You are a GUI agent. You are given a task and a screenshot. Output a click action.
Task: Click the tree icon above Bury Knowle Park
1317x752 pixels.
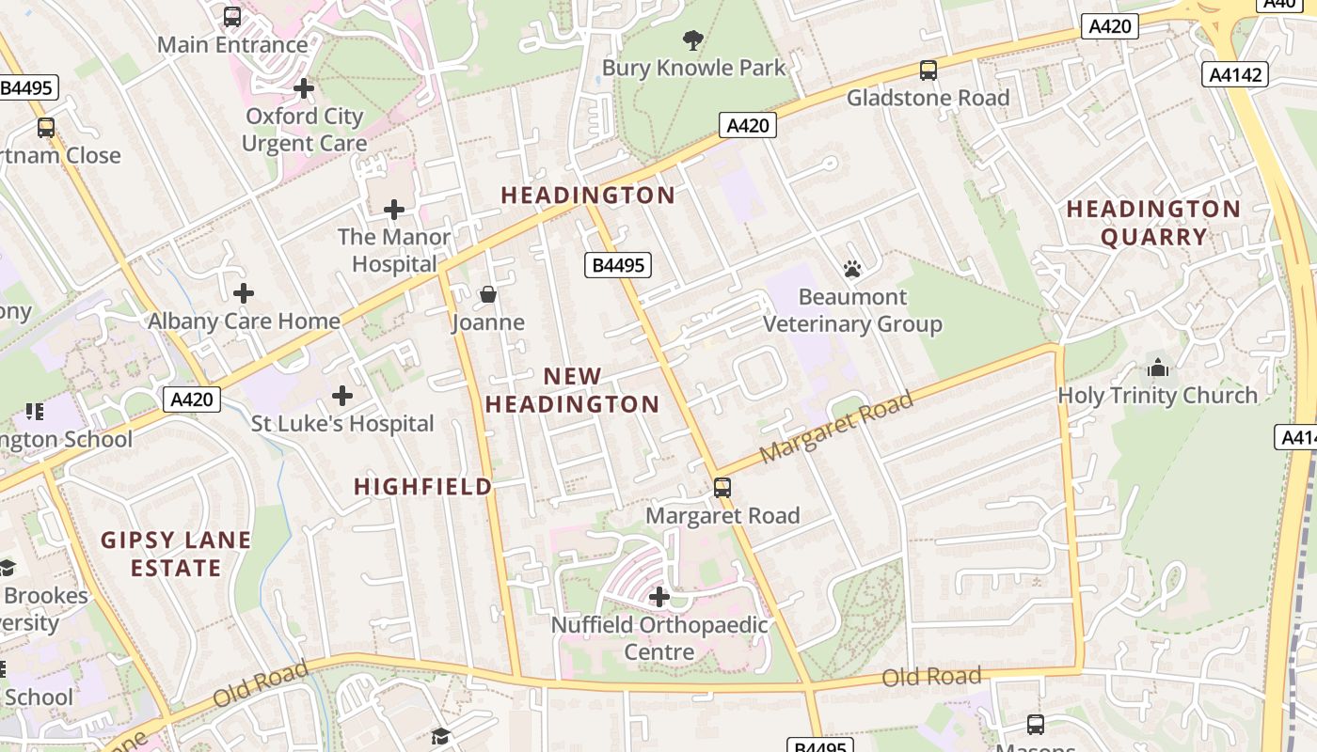click(693, 39)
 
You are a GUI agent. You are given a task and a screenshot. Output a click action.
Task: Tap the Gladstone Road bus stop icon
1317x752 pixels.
click(928, 70)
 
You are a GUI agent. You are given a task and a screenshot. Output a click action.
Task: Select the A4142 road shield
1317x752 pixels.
click(1235, 74)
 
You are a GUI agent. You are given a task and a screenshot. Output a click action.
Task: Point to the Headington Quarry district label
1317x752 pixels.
click(1153, 223)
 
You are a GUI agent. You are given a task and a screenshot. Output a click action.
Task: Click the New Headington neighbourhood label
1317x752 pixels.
click(572, 390)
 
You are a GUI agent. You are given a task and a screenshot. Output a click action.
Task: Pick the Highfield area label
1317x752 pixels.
click(423, 486)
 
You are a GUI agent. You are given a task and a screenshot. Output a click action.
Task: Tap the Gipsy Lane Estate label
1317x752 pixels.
click(176, 554)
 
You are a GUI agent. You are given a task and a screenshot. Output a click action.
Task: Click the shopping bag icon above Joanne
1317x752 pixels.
click(487, 295)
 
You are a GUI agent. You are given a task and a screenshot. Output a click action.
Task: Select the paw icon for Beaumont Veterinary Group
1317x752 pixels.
click(852, 270)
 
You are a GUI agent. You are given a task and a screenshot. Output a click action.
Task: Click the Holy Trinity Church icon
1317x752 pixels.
click(1158, 368)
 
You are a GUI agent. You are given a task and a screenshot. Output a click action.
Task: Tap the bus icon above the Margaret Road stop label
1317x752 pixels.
click(722, 488)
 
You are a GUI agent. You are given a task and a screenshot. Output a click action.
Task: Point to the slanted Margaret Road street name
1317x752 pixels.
click(835, 428)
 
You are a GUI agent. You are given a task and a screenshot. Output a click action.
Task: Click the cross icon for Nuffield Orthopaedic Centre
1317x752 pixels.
click(659, 597)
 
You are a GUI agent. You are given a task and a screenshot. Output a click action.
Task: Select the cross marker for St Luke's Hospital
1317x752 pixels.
click(342, 396)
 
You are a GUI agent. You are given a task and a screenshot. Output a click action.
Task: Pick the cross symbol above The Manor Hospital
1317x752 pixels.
click(394, 209)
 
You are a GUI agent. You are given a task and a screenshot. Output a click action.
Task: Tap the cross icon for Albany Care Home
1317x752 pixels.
click(244, 293)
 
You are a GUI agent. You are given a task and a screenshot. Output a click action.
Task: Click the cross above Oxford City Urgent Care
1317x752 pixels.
click(303, 88)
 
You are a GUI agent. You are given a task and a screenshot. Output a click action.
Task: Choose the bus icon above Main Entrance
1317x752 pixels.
click(231, 16)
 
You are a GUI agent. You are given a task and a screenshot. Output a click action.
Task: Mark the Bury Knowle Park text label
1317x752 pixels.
click(693, 68)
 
